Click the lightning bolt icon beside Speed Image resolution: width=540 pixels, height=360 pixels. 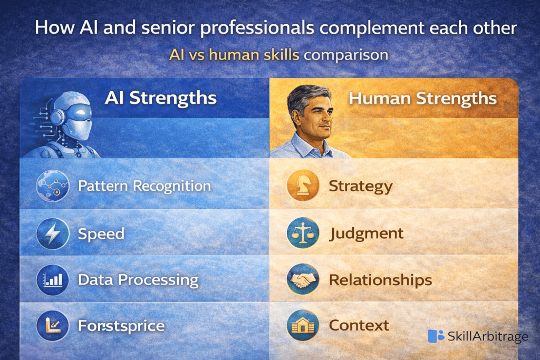pos(53,233)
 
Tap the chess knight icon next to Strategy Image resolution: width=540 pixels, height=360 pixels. pos(303,186)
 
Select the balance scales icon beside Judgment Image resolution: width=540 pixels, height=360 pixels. pos(303,233)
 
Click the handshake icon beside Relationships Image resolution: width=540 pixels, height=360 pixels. pos(303,280)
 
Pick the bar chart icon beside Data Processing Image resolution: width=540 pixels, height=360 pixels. pos(53,280)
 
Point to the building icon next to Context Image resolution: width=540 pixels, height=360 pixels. pos(303,326)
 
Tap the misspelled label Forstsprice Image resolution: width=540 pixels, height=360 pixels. pos(121,326)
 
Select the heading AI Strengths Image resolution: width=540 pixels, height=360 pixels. pos(160,98)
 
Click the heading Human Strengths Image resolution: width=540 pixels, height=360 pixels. pos(422,99)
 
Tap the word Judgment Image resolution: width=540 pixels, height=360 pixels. pos(367,233)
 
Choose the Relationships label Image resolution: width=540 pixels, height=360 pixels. pos(380,280)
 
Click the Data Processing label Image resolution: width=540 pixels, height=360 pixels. pos(138,280)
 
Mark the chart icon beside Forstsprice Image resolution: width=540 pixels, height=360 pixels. pos(53,326)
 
